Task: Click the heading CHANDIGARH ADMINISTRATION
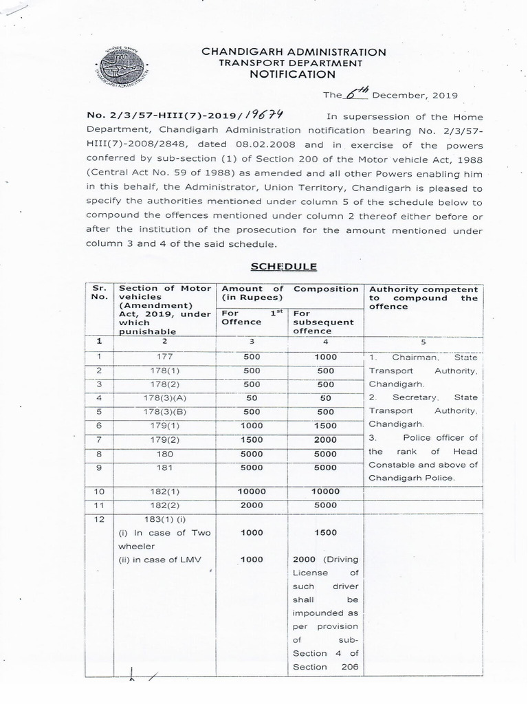coord(294,52)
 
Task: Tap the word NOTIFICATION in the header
coord(293,74)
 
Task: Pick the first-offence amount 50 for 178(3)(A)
coord(251,397)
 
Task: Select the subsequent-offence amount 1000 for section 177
coord(325,356)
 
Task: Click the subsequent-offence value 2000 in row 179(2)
coord(325,439)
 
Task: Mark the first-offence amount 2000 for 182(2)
coord(251,505)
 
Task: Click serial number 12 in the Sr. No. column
coord(99,519)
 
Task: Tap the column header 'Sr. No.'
coord(99,294)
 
